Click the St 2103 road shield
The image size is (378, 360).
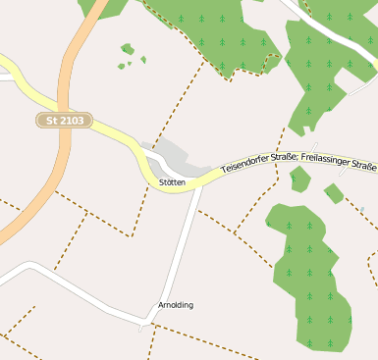point(65,120)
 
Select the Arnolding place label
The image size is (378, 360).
point(176,305)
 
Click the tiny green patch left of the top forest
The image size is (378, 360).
point(127,48)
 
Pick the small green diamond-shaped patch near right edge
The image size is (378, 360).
point(334,193)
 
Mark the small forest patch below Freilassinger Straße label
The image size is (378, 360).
point(300,179)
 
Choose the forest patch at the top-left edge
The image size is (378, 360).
point(103,7)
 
